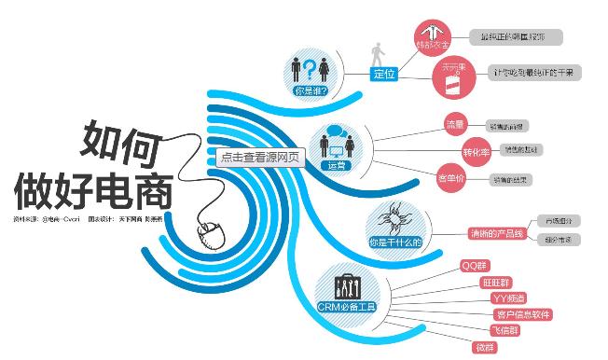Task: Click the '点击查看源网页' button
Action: pyautogui.click(x=260, y=157)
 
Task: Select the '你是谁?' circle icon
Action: pyautogui.click(x=311, y=71)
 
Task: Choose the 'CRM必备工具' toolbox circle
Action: pyautogui.click(x=346, y=289)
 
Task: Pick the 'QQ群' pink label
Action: pyautogui.click(x=476, y=265)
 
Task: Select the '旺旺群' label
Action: pyautogui.click(x=496, y=282)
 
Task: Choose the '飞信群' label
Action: pyautogui.click(x=506, y=330)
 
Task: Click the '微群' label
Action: pyautogui.click(x=486, y=347)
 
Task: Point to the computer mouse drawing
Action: pyautogui.click(x=207, y=231)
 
